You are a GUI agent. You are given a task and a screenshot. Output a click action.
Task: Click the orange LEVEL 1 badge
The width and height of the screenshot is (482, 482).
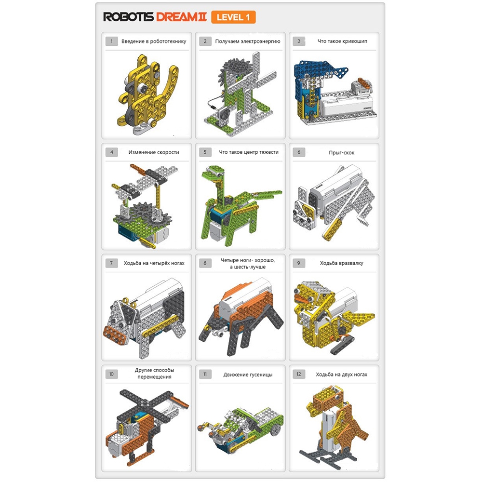point(233,17)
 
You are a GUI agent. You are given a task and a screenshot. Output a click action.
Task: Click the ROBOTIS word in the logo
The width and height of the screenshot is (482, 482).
point(128,17)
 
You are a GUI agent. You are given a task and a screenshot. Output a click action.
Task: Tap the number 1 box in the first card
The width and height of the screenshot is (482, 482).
point(112,41)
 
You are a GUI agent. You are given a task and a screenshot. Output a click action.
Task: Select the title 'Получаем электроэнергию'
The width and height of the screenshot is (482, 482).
point(248,41)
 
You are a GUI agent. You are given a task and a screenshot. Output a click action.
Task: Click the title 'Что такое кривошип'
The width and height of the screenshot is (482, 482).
point(342,41)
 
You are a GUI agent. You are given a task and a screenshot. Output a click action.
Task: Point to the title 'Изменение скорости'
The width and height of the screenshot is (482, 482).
point(154,152)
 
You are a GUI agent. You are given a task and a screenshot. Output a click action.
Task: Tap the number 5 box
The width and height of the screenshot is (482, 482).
point(205,152)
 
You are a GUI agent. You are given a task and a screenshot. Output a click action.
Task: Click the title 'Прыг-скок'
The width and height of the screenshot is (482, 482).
point(342,152)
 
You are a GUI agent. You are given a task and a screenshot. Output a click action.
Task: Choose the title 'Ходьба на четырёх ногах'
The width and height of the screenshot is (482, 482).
point(154,263)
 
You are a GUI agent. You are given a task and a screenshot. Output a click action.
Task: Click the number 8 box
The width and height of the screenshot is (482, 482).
point(205,263)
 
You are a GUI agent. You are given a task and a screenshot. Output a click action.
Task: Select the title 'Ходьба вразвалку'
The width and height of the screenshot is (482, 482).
point(342,263)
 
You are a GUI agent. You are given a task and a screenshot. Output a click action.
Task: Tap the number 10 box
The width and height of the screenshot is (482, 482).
point(112,374)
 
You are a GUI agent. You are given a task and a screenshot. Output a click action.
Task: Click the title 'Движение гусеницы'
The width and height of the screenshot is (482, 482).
point(248,375)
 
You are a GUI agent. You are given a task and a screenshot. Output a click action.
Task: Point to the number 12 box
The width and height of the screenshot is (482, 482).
point(299,374)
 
